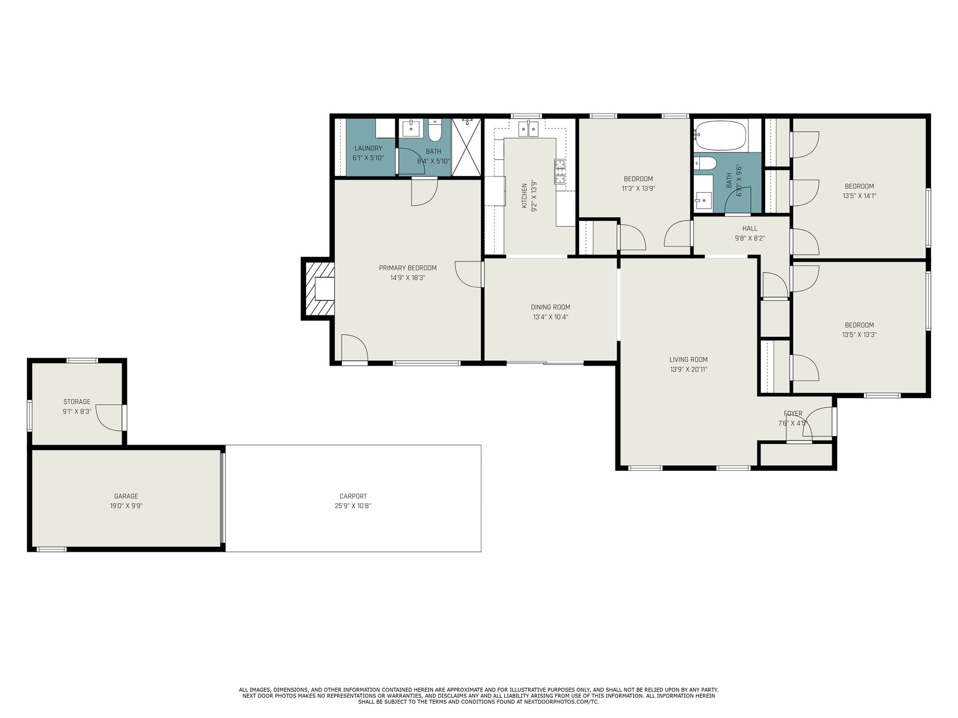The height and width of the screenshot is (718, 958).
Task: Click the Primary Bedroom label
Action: (408, 268)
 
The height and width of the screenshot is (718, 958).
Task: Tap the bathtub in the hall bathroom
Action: (720, 135)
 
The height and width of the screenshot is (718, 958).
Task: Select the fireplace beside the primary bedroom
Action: (318, 288)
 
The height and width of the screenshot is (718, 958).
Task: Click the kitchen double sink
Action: (528, 129)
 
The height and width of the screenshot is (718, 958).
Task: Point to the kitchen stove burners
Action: (559, 171)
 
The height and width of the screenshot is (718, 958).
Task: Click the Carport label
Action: (353, 496)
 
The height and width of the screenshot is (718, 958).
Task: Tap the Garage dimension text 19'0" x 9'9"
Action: (126, 506)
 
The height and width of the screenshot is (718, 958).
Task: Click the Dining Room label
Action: (550, 308)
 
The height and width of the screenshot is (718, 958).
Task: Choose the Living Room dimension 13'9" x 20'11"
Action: (689, 370)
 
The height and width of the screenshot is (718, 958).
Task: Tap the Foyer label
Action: (793, 413)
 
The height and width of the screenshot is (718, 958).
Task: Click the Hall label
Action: (750, 229)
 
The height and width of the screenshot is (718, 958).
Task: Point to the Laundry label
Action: (368, 148)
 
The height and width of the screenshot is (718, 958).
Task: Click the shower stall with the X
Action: (466, 147)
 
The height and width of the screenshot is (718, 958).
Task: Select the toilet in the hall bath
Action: (705, 163)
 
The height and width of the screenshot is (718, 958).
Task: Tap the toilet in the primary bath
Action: (435, 130)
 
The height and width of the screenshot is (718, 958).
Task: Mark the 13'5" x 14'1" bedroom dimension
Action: (859, 196)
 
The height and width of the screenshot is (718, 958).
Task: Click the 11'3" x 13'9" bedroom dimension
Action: (638, 188)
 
